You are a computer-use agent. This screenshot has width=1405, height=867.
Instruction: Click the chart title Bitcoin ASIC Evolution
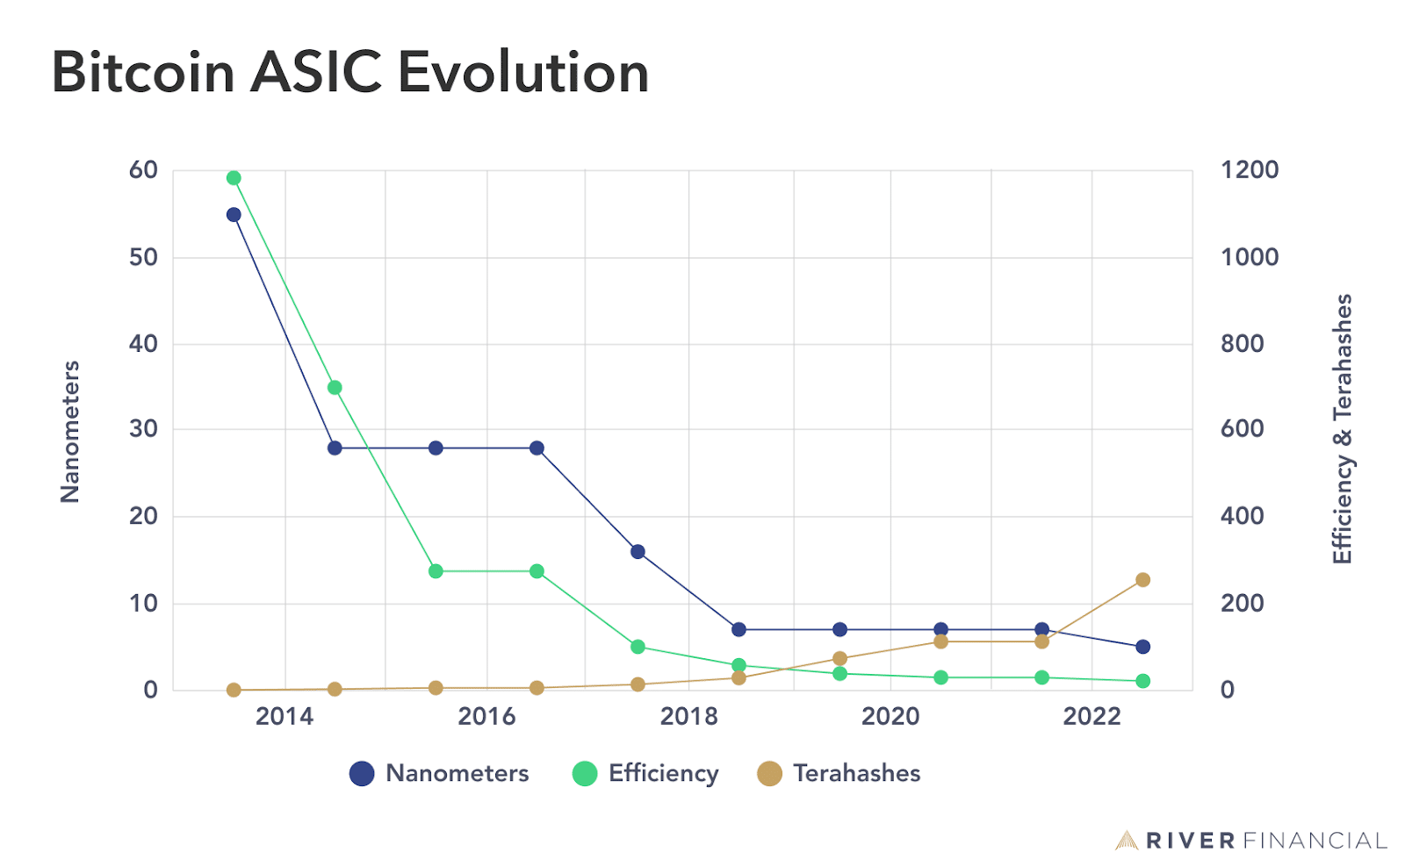349,72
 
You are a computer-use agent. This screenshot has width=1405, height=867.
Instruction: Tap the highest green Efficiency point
234,178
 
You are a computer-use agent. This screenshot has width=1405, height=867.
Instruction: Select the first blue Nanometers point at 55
234,215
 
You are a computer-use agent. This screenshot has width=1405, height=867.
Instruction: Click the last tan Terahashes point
1142,580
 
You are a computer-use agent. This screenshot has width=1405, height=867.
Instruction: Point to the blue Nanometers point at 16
638,552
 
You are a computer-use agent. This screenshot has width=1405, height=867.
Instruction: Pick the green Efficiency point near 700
335,388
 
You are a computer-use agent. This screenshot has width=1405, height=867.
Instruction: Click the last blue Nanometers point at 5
1142,647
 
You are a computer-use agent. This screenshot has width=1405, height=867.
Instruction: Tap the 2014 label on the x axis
285,717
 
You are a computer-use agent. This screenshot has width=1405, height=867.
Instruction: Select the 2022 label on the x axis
1092,717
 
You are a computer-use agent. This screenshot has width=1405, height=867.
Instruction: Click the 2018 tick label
688,717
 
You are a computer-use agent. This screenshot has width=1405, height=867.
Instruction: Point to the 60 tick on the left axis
143,170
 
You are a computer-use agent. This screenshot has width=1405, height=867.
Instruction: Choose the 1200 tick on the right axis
1250,170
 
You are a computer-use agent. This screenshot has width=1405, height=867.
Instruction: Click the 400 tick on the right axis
1243,516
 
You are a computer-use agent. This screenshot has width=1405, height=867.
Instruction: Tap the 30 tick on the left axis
143,429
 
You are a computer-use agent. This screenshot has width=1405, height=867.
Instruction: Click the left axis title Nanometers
70,431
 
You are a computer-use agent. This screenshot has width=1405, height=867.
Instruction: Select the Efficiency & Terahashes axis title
1343,429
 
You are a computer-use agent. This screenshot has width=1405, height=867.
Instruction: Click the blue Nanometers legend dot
362,773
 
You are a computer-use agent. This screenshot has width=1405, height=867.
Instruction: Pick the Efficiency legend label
663,773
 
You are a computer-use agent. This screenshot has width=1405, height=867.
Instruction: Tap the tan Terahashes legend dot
769,773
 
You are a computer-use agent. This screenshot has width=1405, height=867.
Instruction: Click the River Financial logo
1251,841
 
